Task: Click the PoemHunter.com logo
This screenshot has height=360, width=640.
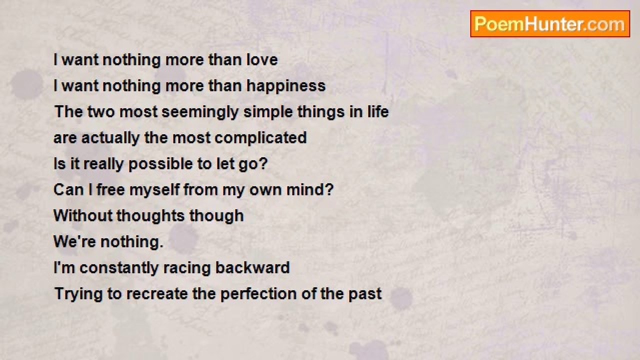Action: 550,24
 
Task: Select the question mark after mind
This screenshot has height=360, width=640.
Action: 329,189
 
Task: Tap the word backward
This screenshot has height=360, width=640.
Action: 252,267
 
